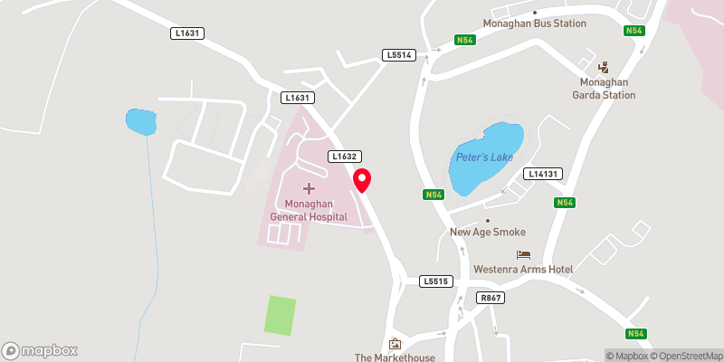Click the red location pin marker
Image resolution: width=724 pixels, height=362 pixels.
click(362, 179)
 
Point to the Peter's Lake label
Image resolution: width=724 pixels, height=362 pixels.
click(484, 157)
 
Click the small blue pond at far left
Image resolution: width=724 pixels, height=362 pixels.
click(140, 121)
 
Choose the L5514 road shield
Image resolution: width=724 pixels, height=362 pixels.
click(398, 55)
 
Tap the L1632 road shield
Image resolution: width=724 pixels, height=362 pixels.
click(344, 157)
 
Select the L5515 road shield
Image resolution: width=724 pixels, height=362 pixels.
click(435, 281)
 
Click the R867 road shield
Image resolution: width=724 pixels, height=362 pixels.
click(491, 298)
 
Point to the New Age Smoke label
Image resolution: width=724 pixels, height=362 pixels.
click(488, 232)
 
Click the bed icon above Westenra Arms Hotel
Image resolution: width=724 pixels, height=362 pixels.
click(522, 254)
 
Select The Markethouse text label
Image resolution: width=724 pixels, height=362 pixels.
click(395, 357)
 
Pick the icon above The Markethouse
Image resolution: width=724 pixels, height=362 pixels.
click(395, 343)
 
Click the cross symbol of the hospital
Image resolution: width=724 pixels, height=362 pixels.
click(309, 188)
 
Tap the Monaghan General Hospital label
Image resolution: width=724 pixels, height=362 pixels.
click(309, 210)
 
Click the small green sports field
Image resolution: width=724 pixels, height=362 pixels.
click(281, 314)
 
